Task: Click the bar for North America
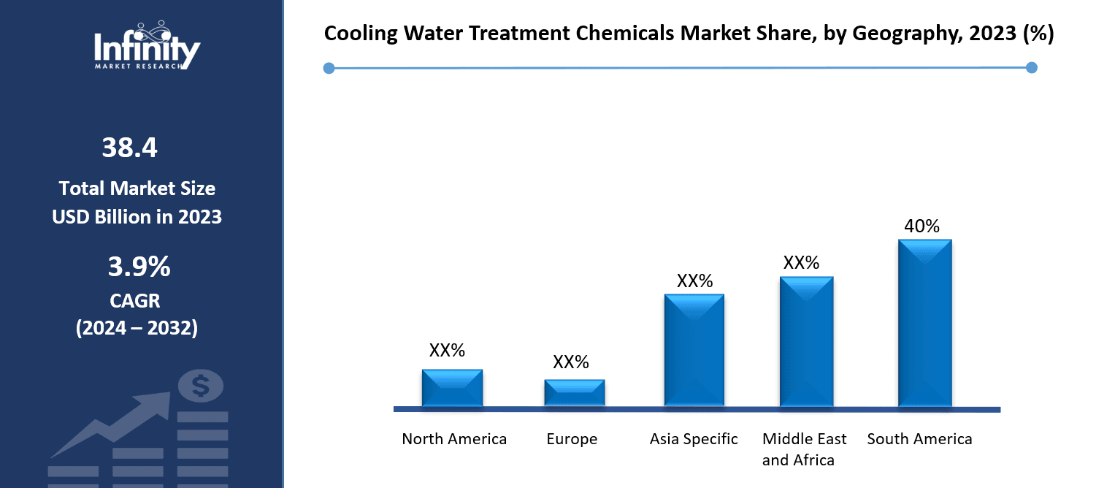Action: [x=452, y=388]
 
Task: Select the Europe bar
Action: [x=574, y=393]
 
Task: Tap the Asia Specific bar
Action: [x=694, y=350]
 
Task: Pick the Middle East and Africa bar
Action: [x=806, y=341]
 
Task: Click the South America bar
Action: [x=924, y=323]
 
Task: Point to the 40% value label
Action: [x=921, y=226]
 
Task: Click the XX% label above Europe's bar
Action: [x=571, y=362]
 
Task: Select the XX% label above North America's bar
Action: [x=447, y=351]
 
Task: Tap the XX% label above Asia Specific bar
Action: [x=694, y=281]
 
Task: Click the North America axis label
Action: [x=454, y=439]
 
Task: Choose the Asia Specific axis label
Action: [x=694, y=439]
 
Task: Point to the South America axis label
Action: [x=919, y=439]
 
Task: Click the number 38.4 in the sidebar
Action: [x=130, y=148]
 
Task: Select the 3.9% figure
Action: [x=139, y=267]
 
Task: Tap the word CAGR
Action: [x=137, y=300]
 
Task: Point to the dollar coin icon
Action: [x=200, y=385]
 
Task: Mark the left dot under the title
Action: [x=329, y=68]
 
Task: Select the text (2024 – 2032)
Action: [x=137, y=328]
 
